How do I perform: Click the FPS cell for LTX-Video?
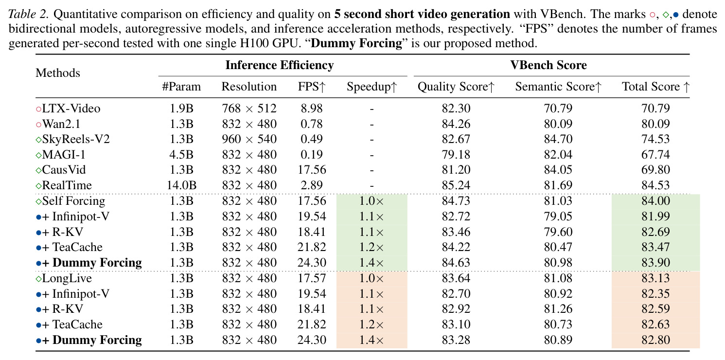pyautogui.click(x=312, y=108)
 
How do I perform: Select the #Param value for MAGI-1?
pyautogui.click(x=181, y=154)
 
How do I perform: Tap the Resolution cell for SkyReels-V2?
pyautogui.click(x=249, y=139)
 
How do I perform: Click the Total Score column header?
pyautogui.click(x=656, y=87)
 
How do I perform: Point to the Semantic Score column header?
pyautogui.click(x=558, y=87)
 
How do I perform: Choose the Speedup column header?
pyautogui.click(x=372, y=87)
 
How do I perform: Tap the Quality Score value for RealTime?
pyautogui.click(x=456, y=185)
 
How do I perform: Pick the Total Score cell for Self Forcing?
pyautogui.click(x=656, y=201)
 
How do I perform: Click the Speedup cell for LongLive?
pyautogui.click(x=371, y=278)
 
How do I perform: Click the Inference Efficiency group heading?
pyautogui.click(x=280, y=65)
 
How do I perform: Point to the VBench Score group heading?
pyautogui.click(x=548, y=65)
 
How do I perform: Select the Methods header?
pyautogui.click(x=57, y=73)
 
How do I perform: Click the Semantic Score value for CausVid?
pyautogui.click(x=558, y=170)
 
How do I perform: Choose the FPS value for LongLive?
pyautogui.click(x=312, y=278)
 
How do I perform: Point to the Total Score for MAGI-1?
pyautogui.click(x=656, y=154)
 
